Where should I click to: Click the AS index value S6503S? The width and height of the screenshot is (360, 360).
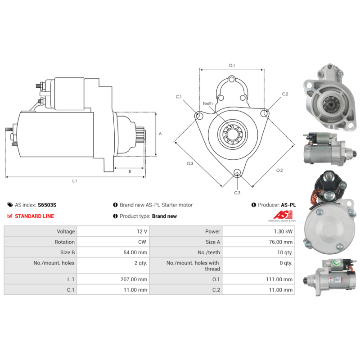click(47, 205)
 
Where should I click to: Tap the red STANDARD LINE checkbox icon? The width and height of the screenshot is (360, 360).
click(9, 216)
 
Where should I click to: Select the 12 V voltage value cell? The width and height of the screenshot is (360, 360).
click(113, 231)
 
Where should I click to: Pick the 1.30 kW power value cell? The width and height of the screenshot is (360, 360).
click(258, 231)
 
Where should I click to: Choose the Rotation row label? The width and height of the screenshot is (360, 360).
click(64, 242)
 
